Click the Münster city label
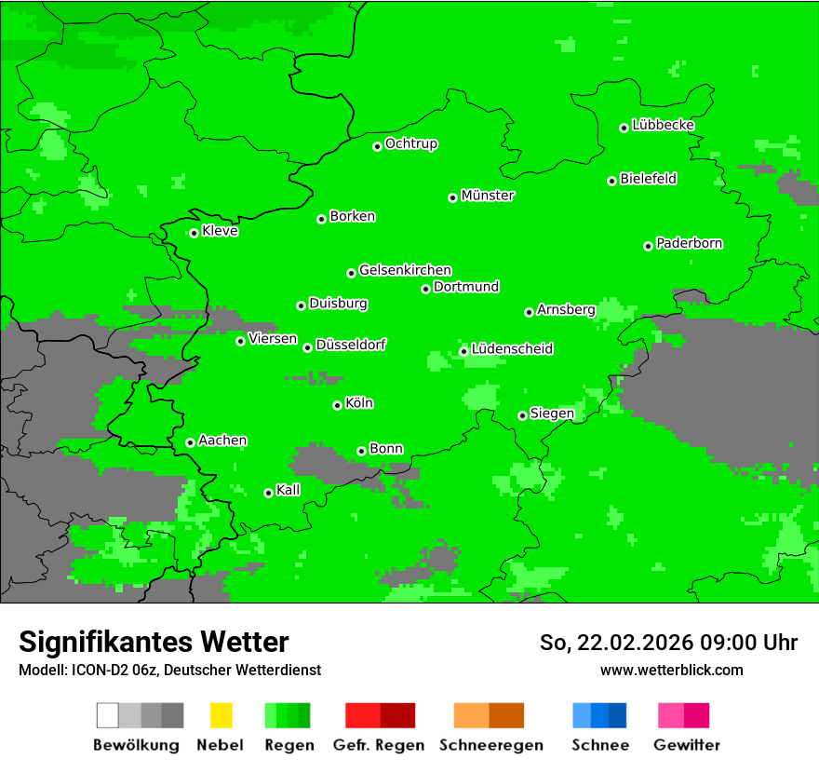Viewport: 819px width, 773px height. coord(488,196)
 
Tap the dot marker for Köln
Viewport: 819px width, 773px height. coord(337,405)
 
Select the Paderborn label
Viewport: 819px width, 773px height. coord(690,243)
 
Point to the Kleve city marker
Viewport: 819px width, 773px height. coord(194,233)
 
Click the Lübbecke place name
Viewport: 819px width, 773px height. coord(664,125)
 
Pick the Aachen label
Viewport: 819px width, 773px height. coord(222,440)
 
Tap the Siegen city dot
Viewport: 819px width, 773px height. coord(522,415)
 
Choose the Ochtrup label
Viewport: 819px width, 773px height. coord(411,143)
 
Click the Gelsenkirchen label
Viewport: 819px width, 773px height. coord(405,270)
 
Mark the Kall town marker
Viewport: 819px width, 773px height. coord(268,493)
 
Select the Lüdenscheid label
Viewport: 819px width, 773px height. coord(512,348)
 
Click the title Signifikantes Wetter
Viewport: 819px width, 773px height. coord(154,642)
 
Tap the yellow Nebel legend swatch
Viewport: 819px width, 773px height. coord(221,715)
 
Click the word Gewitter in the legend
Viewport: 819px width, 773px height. coord(686,745)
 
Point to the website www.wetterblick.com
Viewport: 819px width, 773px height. coord(671,670)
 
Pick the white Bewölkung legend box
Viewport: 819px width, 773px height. coord(107,715)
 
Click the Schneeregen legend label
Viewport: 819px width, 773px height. coord(490,745)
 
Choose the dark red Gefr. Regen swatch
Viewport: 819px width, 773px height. coord(397,715)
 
